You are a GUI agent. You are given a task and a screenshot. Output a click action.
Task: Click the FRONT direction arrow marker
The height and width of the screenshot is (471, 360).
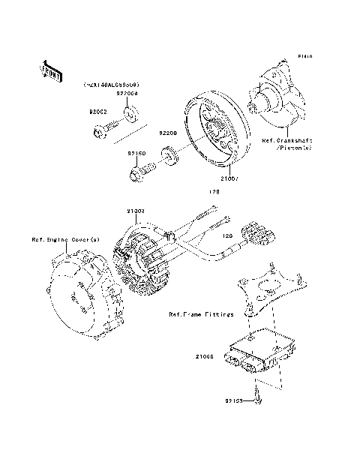(49, 71)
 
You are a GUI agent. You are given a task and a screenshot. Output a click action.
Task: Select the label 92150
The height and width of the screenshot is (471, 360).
(136, 154)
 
